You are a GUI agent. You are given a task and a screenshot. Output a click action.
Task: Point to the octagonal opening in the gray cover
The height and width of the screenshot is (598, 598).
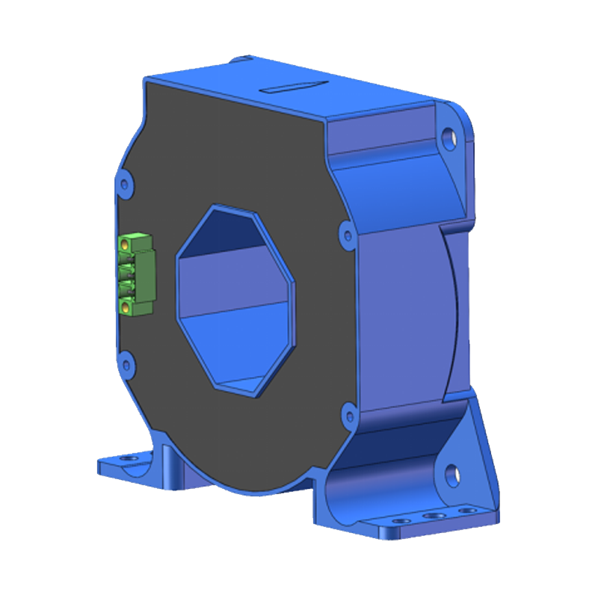tap(235, 299)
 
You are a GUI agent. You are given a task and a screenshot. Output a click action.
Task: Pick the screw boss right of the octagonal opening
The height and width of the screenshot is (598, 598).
tap(346, 234)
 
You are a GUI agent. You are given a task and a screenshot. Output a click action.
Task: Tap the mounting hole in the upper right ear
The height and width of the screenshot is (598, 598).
tap(449, 137)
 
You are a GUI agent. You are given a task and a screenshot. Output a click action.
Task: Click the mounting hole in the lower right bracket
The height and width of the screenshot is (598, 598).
tap(451, 472)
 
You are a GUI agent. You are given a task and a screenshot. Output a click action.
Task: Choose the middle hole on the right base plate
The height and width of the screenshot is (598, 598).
tap(431, 517)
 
